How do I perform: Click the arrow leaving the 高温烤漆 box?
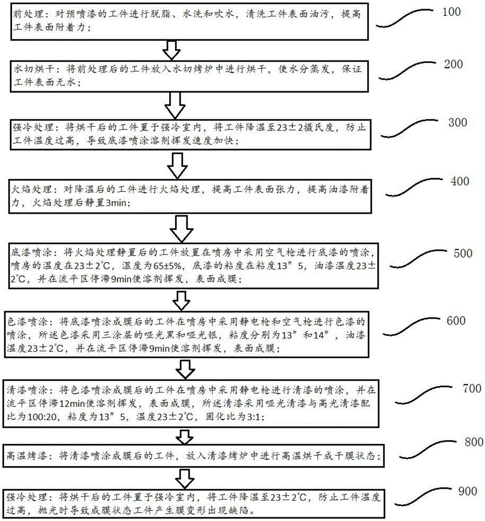coord(183,476)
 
